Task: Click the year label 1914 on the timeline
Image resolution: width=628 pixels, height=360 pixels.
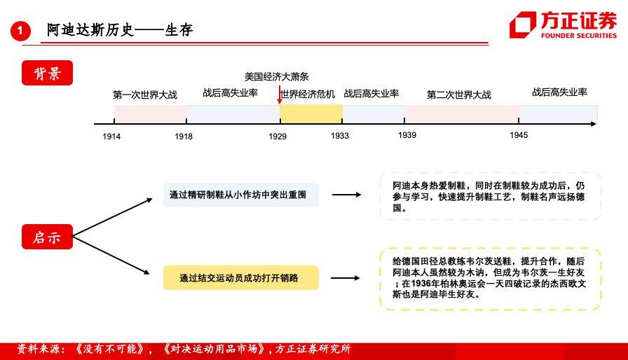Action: point(111,137)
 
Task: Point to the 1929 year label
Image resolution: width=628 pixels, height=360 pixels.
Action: point(278,137)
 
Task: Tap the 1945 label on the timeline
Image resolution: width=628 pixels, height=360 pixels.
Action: point(519,135)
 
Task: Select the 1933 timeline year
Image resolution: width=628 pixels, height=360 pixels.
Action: point(340,136)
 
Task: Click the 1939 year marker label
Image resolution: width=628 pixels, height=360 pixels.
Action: point(407,135)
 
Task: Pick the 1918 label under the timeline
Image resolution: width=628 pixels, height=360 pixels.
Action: point(184,137)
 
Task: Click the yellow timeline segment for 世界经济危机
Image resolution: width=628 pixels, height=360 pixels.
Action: point(311,114)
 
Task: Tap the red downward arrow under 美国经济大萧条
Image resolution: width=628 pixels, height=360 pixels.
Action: point(280,95)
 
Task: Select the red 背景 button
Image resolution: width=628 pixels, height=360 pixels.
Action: point(47,73)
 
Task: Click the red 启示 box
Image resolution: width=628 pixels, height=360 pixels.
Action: point(47,237)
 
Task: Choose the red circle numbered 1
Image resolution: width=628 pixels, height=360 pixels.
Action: point(20,31)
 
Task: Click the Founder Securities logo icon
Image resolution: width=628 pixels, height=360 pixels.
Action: point(522,25)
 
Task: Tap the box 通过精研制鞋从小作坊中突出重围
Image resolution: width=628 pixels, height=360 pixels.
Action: point(240,195)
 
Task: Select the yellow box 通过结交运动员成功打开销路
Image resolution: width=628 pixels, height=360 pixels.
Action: point(240,277)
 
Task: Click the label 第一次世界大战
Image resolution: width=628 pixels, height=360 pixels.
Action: point(145,95)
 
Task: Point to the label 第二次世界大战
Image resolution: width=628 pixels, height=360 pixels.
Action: point(459,95)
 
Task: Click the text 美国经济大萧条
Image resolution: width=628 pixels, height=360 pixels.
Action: point(277,76)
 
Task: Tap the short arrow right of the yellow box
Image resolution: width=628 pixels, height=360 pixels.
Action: point(346,278)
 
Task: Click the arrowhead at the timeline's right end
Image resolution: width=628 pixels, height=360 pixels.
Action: point(594,124)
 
